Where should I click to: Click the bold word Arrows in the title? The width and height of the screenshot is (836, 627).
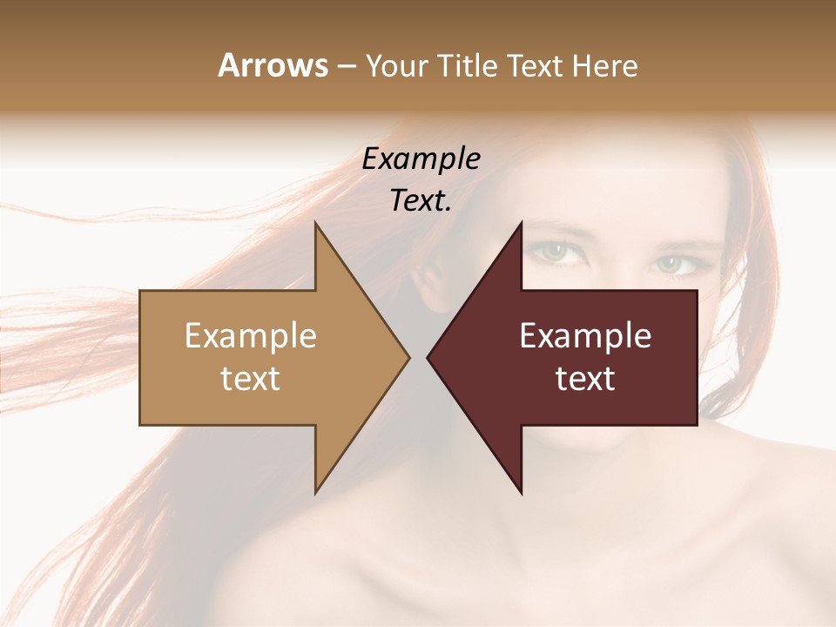point(272,65)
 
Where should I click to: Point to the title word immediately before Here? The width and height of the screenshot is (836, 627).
point(539,66)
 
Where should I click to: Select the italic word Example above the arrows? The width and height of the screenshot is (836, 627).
point(421,159)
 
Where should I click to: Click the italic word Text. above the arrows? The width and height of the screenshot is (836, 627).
point(421,200)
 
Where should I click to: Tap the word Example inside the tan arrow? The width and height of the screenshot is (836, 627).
point(251,336)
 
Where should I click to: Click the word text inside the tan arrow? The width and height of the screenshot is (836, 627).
point(251,379)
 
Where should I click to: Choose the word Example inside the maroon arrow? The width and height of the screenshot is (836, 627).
point(585,336)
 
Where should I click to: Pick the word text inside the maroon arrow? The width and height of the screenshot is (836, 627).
point(585,379)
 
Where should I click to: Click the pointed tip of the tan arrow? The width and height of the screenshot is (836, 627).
point(408,357)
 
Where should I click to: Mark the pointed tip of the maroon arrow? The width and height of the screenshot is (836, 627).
point(428,357)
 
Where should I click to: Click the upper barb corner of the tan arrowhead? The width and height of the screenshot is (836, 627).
point(315,223)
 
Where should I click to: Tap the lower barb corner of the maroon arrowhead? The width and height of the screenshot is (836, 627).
point(522,493)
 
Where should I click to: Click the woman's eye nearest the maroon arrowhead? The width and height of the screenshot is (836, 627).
point(552,253)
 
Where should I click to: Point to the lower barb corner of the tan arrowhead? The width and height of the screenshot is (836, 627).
point(315,493)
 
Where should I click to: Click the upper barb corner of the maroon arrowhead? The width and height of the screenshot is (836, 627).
point(522,223)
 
